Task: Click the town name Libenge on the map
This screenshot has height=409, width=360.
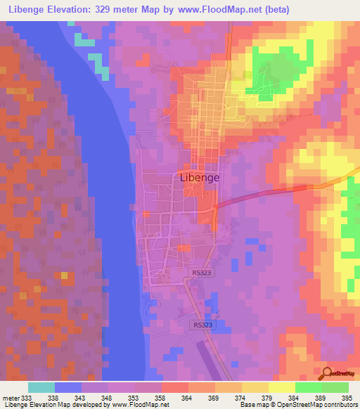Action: click(x=200, y=178)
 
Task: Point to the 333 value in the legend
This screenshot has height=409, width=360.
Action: click(x=25, y=397)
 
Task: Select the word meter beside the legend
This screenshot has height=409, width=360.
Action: click(x=9, y=397)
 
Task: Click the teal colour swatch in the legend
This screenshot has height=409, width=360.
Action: click(x=41, y=387)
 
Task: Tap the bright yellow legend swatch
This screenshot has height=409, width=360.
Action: click(x=281, y=387)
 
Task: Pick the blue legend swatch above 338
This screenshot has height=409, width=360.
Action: click(x=68, y=387)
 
